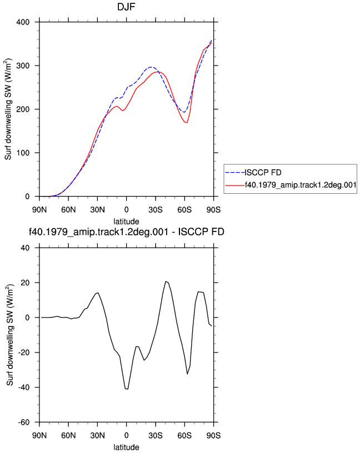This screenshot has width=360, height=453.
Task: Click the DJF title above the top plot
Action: pos(126,7)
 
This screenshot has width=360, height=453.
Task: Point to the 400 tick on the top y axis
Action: pos(23,22)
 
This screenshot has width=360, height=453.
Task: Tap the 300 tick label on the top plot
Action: pos(23,66)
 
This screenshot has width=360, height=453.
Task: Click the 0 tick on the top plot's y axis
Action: pos(27,197)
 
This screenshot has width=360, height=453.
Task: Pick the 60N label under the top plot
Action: pos(68,210)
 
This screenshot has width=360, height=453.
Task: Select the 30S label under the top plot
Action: pos(156,210)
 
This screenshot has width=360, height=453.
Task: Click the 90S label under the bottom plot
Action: pos(213,436)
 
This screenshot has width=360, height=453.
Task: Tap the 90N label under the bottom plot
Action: pos(39,436)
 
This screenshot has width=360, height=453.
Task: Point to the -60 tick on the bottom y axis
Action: pos(24,422)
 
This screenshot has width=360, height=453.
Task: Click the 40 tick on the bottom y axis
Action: pos(25,248)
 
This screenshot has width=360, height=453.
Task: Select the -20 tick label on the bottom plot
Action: pos(24,353)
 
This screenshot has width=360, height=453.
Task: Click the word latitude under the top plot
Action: pos(126,222)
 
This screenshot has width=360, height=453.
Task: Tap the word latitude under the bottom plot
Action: pos(126,447)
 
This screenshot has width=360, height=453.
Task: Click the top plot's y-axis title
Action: pos(8,109)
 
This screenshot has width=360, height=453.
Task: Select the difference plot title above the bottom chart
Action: pos(126,232)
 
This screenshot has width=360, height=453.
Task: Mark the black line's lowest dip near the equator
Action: pos(128,389)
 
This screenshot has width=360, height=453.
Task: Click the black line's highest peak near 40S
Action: pos(166,281)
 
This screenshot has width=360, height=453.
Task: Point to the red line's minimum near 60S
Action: pos(187,123)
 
